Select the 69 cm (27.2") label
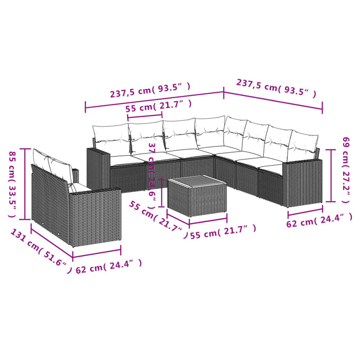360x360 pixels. click(346, 169)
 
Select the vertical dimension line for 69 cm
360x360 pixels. click(333, 175)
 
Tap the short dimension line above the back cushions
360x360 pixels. click(145, 116)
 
